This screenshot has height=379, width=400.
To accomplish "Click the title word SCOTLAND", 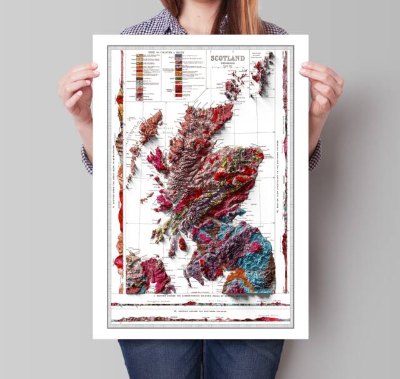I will (228, 59).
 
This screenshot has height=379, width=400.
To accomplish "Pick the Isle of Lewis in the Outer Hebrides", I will (151, 126).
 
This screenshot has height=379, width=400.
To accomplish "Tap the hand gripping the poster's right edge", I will (321, 87).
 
